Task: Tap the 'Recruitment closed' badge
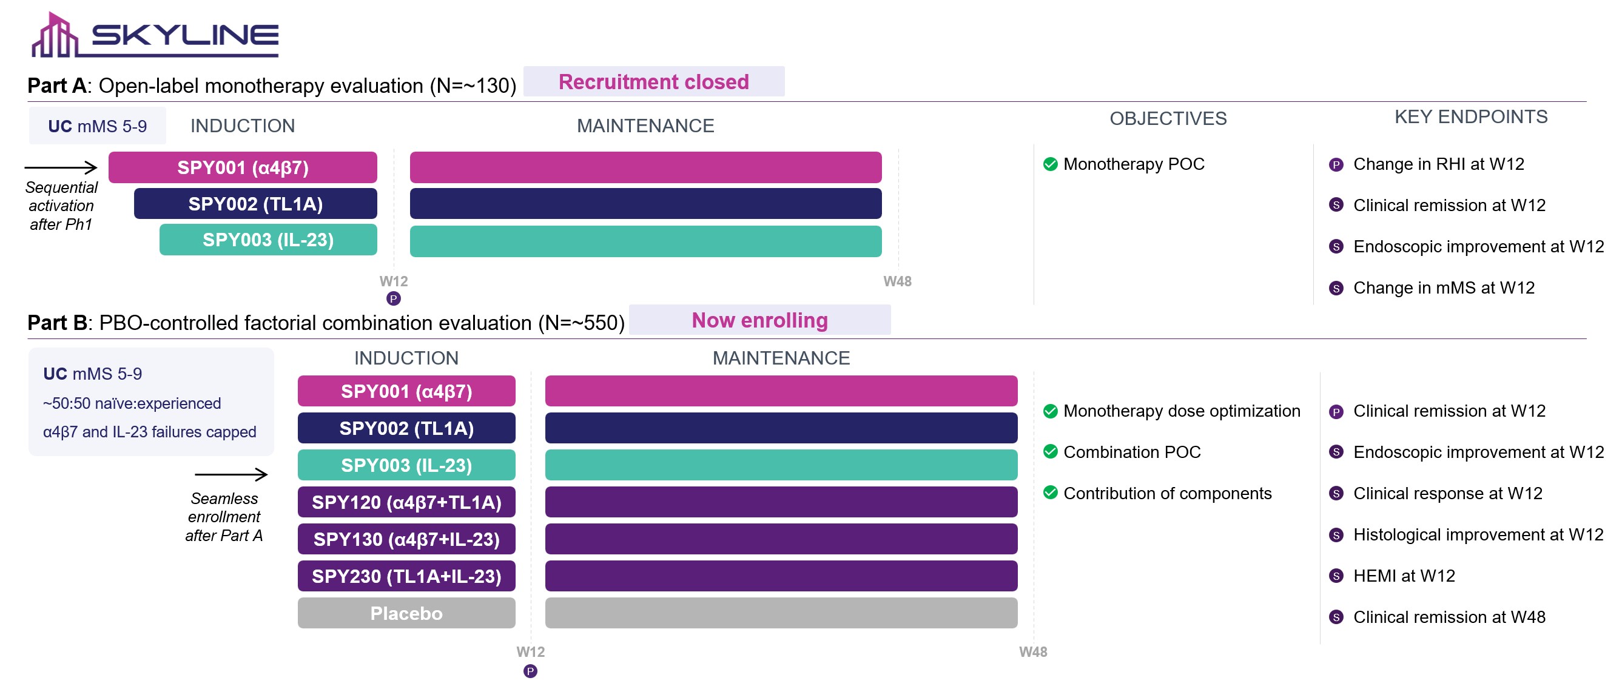653,82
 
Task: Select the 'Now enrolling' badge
759,320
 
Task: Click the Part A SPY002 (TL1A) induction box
255,204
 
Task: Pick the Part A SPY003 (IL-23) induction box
268,240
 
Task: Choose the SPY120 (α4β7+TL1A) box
406,502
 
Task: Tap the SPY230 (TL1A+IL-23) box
406,576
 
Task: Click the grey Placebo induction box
406,613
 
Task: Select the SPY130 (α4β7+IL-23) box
406,539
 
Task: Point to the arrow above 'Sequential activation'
61,167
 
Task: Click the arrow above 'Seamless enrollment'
231,474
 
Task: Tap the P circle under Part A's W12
394,299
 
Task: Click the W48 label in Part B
1032,652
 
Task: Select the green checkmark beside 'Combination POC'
1050,452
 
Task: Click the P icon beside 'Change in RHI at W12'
1336,165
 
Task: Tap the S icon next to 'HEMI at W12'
1336,576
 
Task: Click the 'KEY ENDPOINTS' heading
1471,117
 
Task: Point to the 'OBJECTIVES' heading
1168,119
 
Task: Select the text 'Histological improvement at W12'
1478,535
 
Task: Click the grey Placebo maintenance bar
781,613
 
